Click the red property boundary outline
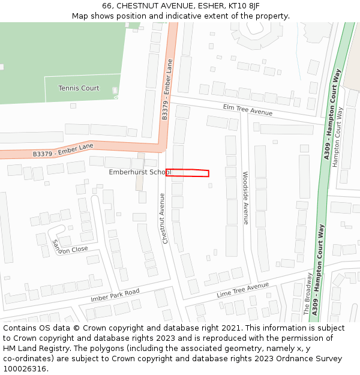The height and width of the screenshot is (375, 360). tap(187, 173)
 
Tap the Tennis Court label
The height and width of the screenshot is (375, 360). tap(79, 88)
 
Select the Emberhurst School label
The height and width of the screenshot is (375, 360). tap(139, 172)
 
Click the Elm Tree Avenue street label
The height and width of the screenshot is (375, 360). tap(247, 110)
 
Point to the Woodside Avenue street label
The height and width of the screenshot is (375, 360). tap(245, 198)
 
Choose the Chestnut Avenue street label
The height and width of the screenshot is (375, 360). tap(163, 218)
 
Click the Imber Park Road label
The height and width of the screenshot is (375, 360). tap(115, 295)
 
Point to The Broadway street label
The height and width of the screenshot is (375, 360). tap(307, 295)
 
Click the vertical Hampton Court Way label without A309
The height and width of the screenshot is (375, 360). tap(339, 137)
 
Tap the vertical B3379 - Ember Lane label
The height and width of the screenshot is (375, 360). tap(167, 89)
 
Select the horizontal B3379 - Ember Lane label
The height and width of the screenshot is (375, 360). tap(63, 150)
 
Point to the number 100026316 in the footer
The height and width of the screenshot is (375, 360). tap(25, 369)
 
